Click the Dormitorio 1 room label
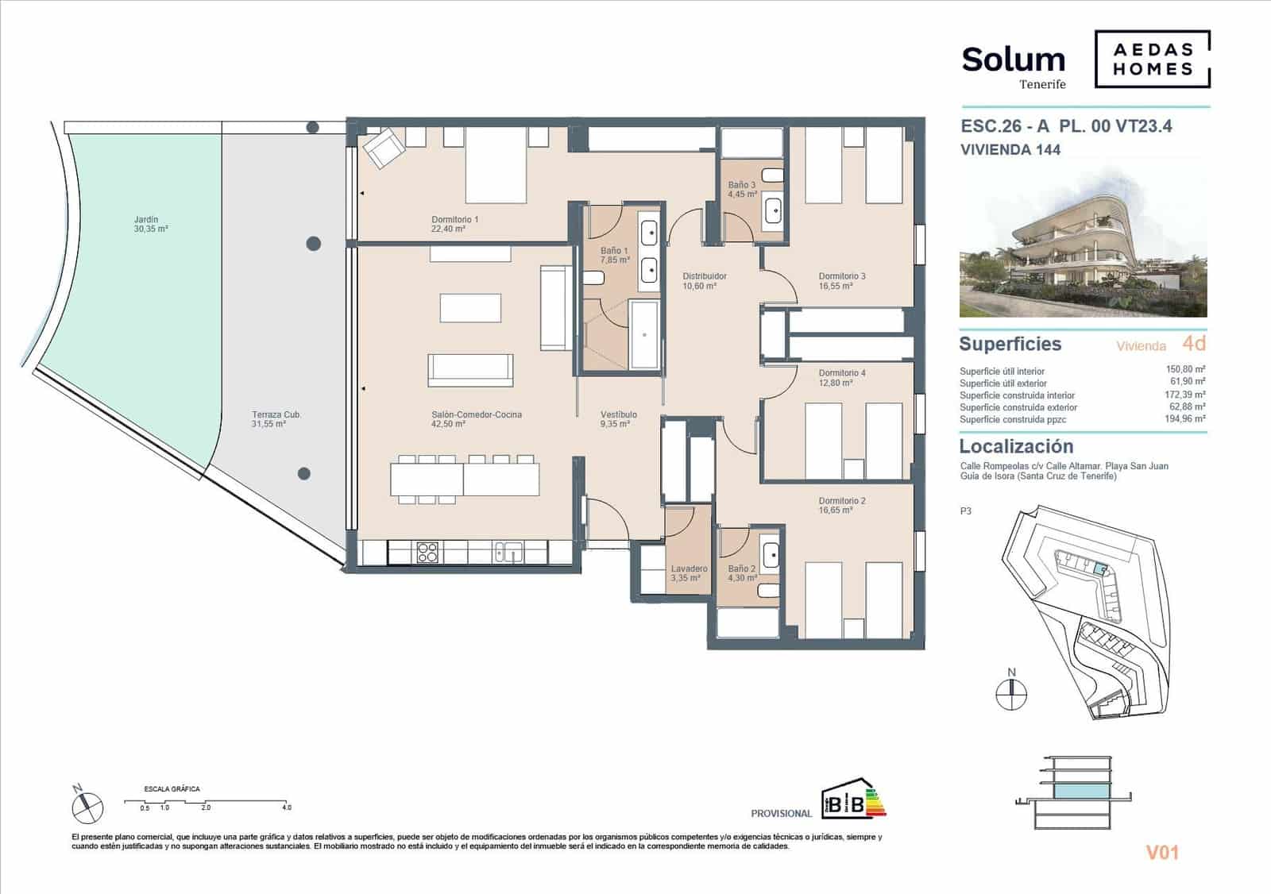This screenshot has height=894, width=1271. [x=454, y=224]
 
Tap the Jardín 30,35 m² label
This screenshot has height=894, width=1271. [x=150, y=224]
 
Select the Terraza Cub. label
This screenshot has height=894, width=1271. [x=276, y=419]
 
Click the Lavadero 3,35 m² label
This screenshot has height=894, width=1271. [x=688, y=573]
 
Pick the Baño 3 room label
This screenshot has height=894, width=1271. [x=742, y=189]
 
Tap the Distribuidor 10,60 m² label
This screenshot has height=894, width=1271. [x=704, y=281]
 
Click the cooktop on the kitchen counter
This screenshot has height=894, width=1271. [x=427, y=552]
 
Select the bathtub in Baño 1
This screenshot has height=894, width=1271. [x=644, y=335]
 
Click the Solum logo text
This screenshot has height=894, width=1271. [x=1013, y=60]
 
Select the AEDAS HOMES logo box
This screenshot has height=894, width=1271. [x=1152, y=59]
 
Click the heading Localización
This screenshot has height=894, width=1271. [x=1016, y=446]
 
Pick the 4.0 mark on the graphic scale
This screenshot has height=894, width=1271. [x=286, y=807]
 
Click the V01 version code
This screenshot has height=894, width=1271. [x=1162, y=853]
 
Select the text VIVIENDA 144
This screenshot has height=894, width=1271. [x=1010, y=149]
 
